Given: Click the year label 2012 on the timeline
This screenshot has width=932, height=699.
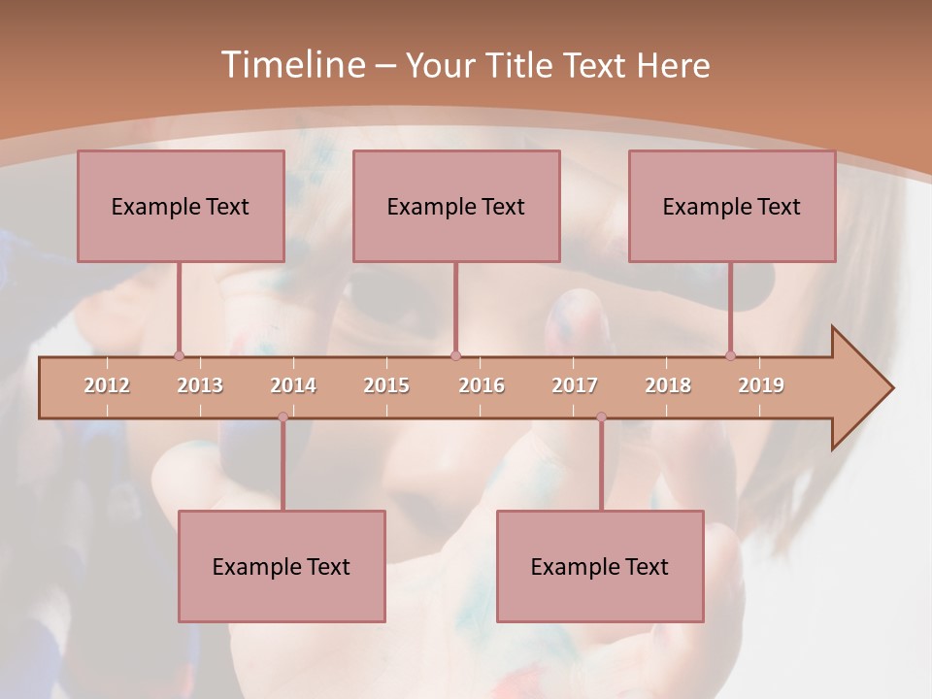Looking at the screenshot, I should point(107,385).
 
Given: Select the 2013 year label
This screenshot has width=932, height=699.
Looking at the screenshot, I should point(200,385).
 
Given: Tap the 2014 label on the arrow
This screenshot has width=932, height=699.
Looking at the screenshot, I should point(293,385).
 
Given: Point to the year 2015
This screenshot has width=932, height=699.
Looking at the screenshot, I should point(386,385).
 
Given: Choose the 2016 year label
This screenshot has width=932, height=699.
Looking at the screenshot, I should point(482,385).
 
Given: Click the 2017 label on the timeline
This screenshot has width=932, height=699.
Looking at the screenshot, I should point(575,385).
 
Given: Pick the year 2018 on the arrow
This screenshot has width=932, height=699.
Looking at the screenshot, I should point(668,385).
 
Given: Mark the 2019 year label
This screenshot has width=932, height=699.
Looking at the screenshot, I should point(761,385).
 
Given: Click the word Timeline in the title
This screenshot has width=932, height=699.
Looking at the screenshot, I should point(290,65).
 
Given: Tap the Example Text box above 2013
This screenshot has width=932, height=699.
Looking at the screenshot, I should point(181,206).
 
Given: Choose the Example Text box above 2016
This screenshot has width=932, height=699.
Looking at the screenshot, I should point(456,206).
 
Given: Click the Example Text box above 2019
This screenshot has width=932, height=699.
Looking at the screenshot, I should point(732,206).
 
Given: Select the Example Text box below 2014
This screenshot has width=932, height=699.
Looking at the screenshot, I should point(282,566).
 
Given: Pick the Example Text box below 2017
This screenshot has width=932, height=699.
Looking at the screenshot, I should point(600,566).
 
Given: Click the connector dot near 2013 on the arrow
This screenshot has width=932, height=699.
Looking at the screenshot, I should point(179,356).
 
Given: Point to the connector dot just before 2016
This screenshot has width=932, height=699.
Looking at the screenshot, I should point(455,356).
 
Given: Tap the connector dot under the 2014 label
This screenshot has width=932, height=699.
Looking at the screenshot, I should point(283,417).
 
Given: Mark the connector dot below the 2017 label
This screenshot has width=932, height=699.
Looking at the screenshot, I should point(601,417).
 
